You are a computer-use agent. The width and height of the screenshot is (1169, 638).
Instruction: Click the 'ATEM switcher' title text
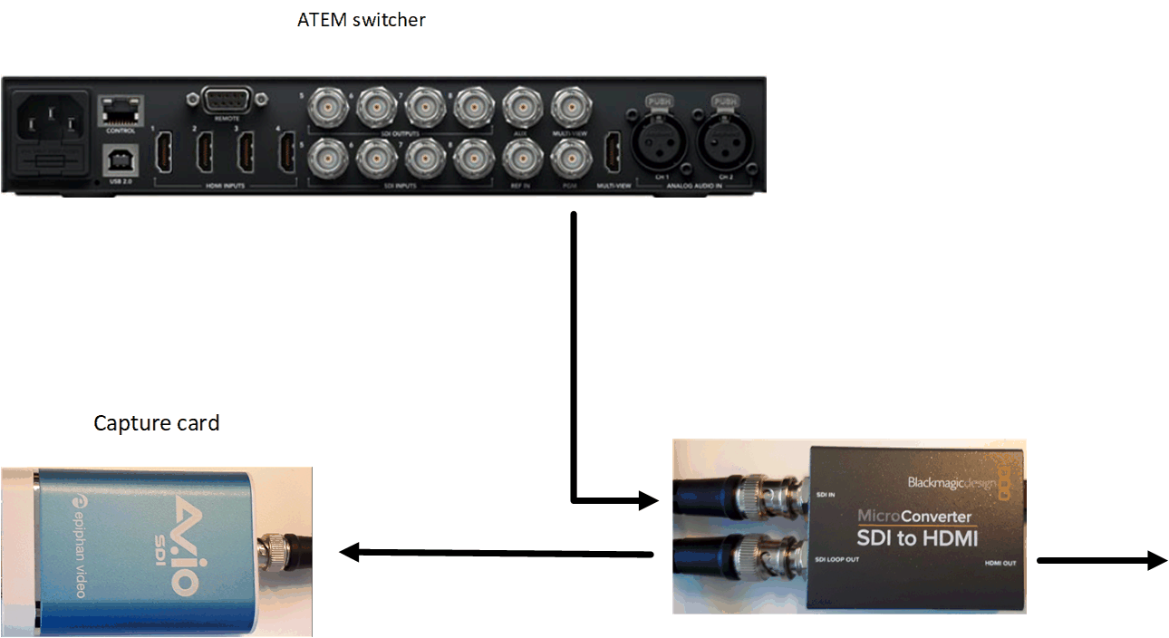(x=361, y=19)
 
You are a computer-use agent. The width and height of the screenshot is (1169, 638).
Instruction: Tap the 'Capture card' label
(x=157, y=423)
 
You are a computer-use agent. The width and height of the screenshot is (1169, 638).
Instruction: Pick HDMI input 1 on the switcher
(x=165, y=152)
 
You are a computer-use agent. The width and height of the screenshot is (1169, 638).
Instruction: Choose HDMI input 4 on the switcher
(x=287, y=152)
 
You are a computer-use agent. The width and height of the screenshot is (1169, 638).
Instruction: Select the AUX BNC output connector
(x=520, y=109)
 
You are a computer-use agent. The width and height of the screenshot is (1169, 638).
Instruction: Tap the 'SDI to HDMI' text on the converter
(x=917, y=539)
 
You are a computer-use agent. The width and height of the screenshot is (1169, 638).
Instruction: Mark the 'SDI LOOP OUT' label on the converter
(x=836, y=559)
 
